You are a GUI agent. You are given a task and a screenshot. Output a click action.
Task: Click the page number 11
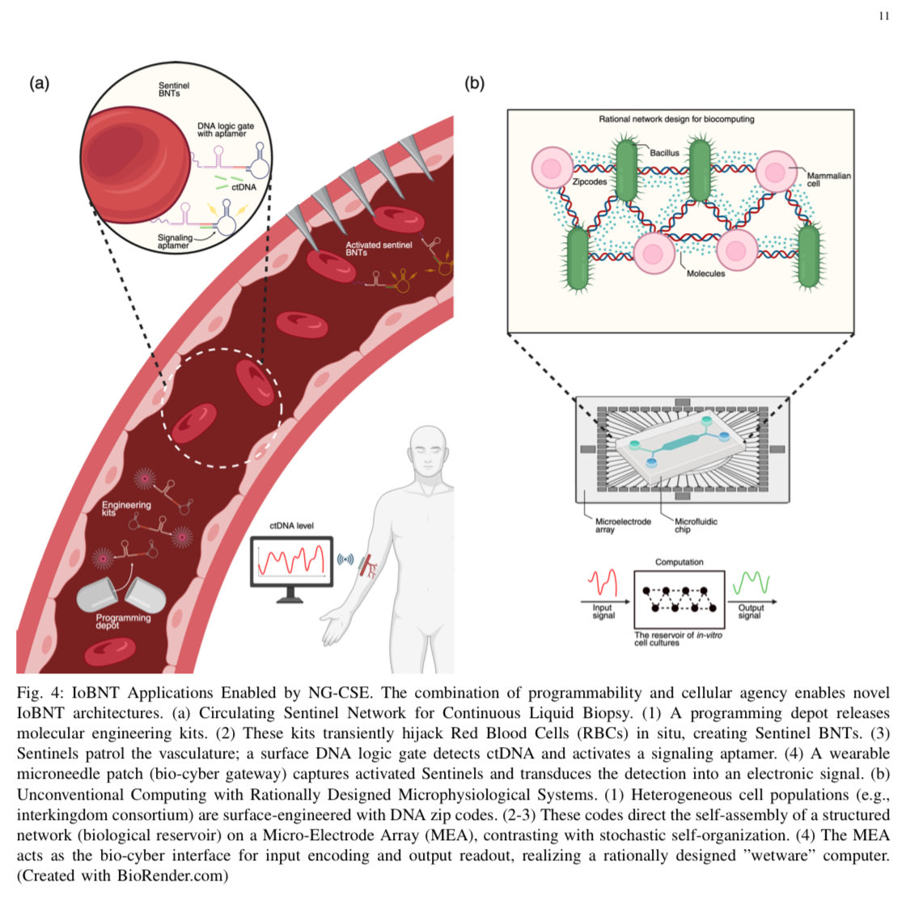click(x=883, y=16)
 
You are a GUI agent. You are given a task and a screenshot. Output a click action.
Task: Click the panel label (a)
click(x=39, y=83)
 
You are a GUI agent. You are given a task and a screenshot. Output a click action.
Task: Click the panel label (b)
click(x=474, y=83)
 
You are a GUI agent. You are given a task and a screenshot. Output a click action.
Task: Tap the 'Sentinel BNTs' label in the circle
click(x=174, y=89)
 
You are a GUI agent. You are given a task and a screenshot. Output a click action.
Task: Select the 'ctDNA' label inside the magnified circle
click(x=243, y=187)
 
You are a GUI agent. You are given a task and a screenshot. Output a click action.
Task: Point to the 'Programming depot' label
click(x=123, y=621)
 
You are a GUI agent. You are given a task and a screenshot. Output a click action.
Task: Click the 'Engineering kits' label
click(x=125, y=508)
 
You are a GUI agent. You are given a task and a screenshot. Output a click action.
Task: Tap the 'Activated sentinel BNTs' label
click(x=379, y=248)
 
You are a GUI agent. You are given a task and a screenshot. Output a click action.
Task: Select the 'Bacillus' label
click(x=664, y=152)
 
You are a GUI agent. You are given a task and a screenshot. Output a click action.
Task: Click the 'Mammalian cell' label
click(x=828, y=179)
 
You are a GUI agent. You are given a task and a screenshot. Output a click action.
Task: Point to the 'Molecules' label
click(x=705, y=274)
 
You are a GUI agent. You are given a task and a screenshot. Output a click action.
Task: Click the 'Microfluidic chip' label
click(x=696, y=525)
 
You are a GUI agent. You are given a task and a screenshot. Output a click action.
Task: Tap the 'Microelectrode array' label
click(x=622, y=525)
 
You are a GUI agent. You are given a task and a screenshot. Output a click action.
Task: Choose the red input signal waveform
click(x=603, y=583)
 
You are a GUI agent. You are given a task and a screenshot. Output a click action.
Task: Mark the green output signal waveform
click(x=750, y=583)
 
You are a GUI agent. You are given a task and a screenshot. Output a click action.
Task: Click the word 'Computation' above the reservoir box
click(x=679, y=562)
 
